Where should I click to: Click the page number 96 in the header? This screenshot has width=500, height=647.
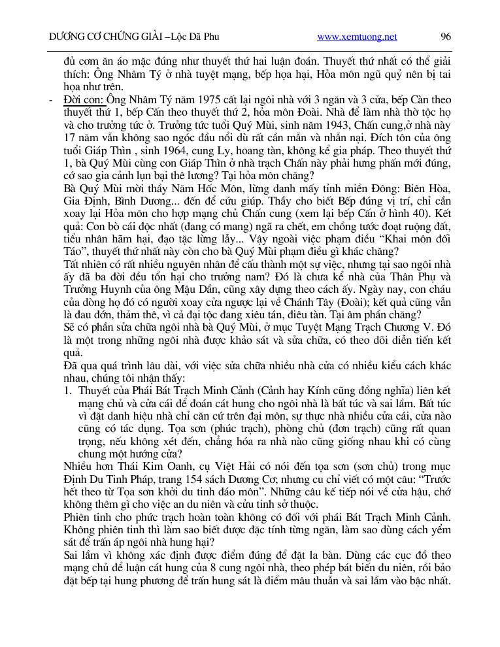pyautogui.click(x=446, y=37)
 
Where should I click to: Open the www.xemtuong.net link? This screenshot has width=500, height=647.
pyautogui.click(x=357, y=37)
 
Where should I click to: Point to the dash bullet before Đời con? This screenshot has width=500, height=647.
pyautogui.click(x=51, y=100)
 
